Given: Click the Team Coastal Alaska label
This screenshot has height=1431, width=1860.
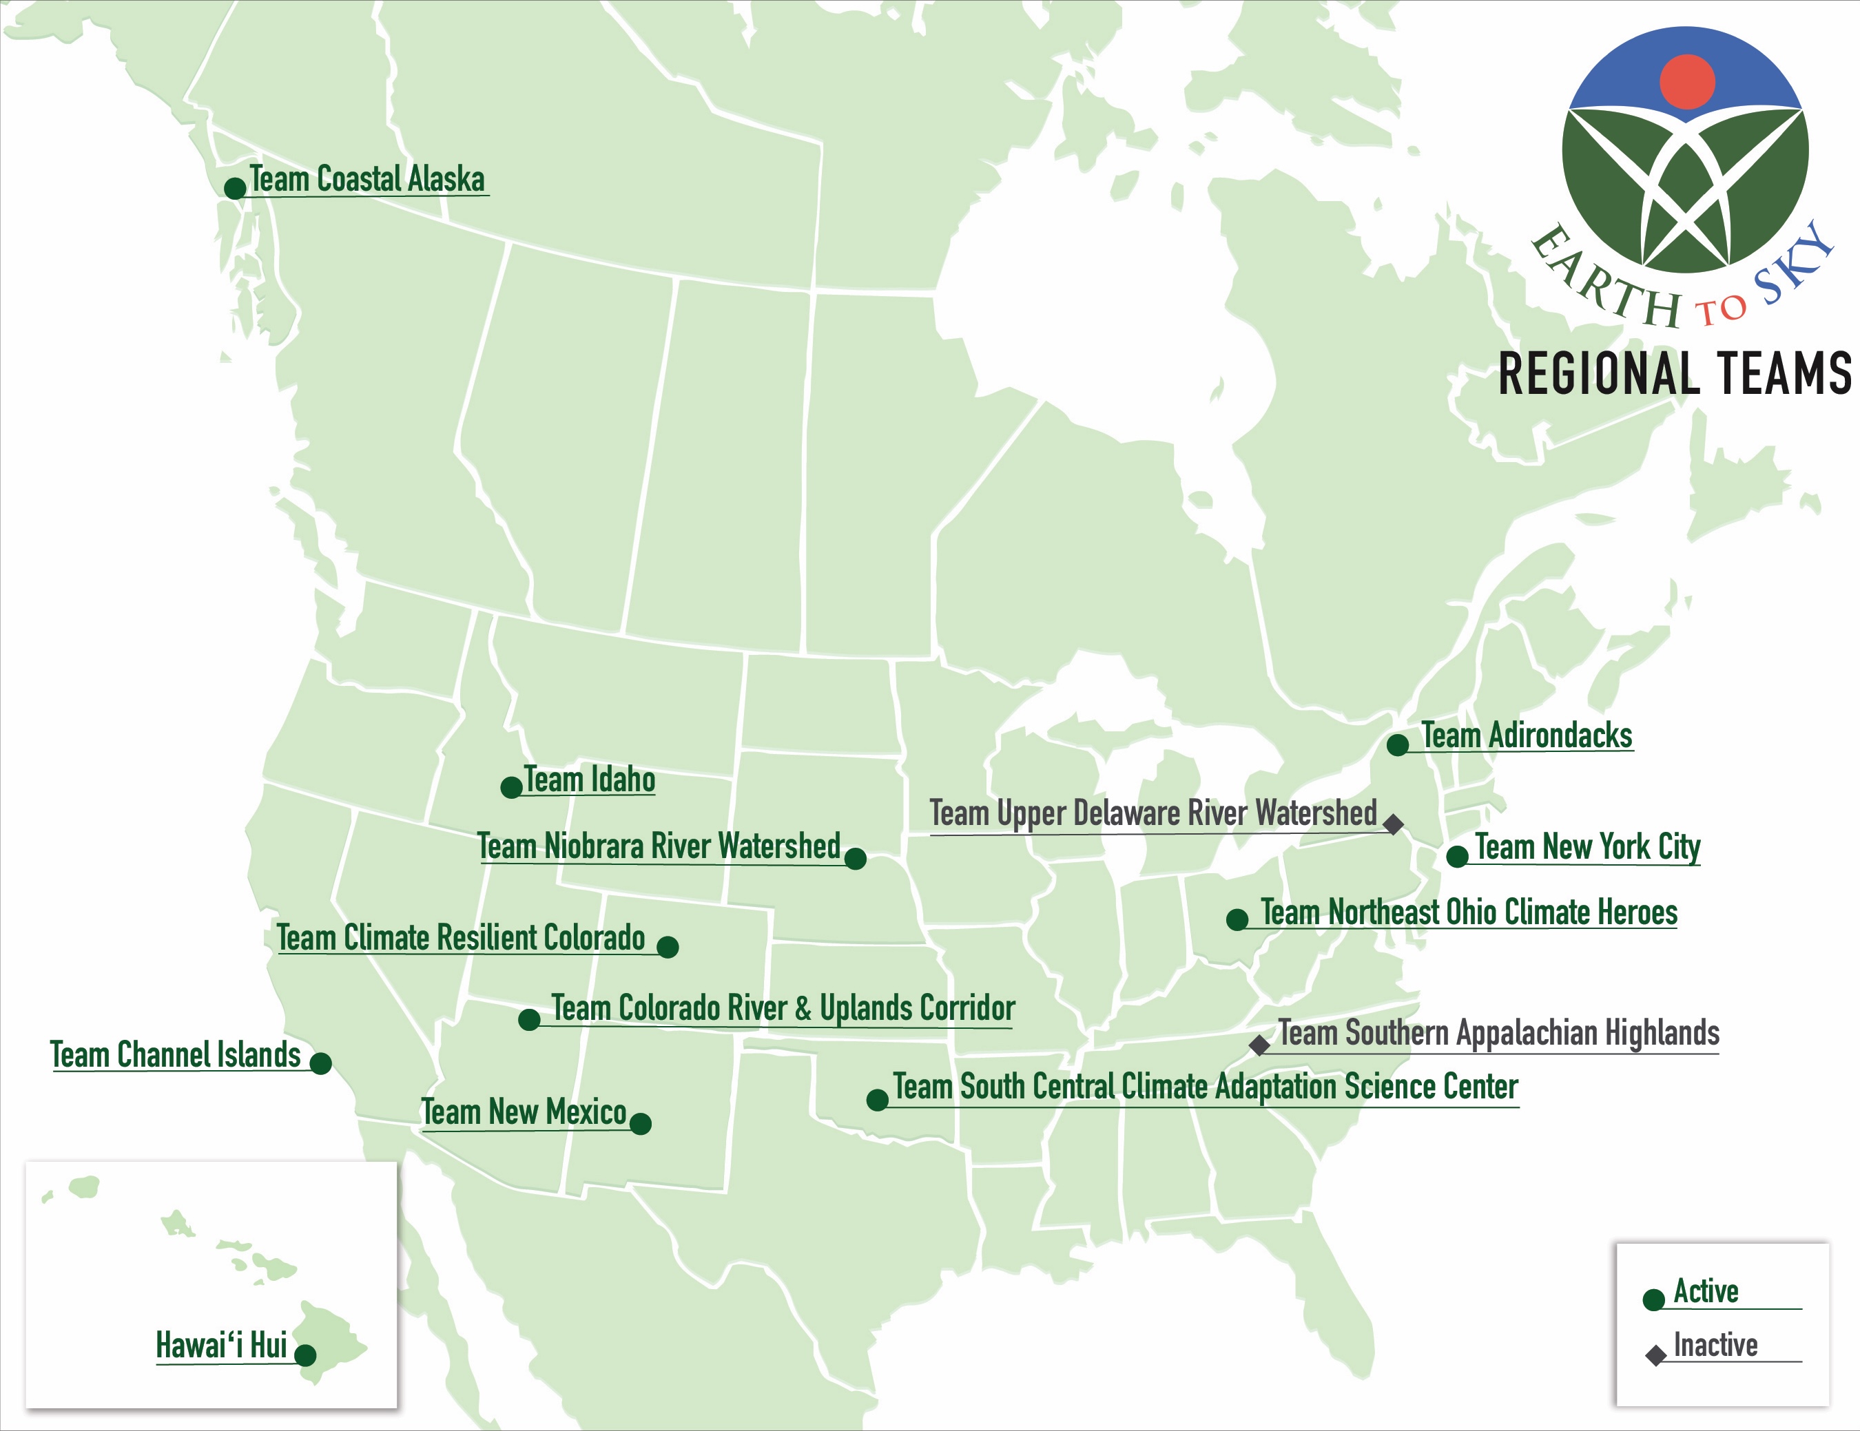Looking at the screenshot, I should tap(367, 180).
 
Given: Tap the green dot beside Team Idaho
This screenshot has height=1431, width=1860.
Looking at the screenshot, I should tap(511, 787).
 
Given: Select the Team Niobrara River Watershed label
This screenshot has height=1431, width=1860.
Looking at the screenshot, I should tap(659, 846).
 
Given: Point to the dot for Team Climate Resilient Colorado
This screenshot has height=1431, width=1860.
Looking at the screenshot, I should tap(668, 947).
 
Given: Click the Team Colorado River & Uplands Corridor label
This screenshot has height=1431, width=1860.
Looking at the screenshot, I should tap(783, 1008).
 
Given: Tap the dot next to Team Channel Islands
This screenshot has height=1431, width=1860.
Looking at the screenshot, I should tap(320, 1063).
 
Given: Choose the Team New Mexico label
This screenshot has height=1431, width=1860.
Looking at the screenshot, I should tap(524, 1111).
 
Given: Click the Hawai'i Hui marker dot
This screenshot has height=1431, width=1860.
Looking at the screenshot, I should tap(305, 1355).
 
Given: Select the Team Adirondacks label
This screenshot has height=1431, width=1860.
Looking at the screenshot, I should tap(1526, 735).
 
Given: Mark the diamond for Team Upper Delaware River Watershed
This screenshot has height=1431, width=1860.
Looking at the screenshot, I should tap(1394, 824).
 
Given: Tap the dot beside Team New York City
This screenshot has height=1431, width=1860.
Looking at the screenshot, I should tap(1457, 857).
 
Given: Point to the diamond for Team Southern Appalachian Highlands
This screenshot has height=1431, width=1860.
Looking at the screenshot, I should tap(1259, 1045).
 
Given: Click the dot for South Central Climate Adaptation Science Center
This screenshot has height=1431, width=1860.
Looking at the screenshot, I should tap(877, 1100).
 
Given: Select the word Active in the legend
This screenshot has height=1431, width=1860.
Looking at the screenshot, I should tap(1706, 1291).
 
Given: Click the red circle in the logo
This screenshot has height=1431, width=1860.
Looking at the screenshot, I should tap(1687, 83).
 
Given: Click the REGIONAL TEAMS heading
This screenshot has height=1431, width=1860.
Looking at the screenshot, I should tap(1674, 374).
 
